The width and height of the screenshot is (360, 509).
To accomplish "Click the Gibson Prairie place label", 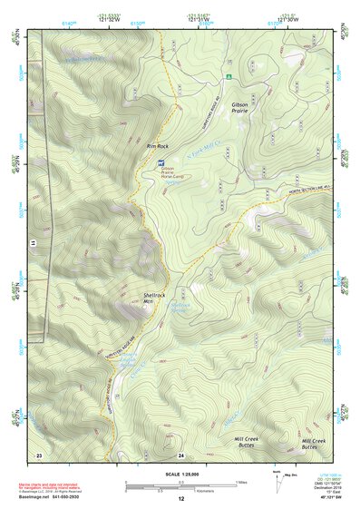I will point(239,108).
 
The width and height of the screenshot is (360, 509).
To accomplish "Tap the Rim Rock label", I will point(158,145).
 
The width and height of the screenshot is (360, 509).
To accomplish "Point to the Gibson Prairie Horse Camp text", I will point(174,172).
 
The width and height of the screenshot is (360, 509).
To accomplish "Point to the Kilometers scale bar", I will point(176,489).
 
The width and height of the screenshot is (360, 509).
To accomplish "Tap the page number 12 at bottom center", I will point(180,498).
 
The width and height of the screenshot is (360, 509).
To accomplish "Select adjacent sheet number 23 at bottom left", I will point(39,453).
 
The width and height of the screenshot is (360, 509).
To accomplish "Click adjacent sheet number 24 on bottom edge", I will point(180,453).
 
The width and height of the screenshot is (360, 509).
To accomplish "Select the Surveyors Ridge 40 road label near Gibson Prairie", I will point(218,94).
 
